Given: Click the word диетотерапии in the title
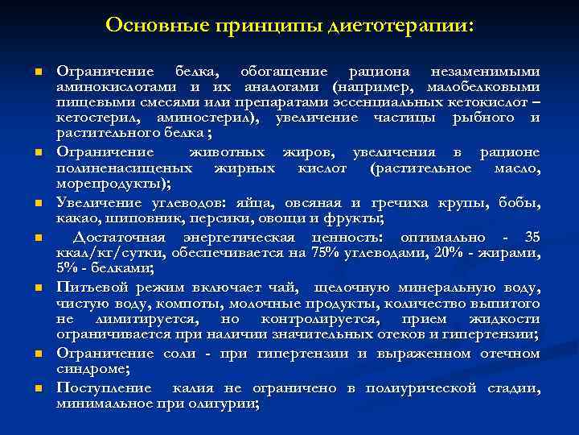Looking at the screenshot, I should point(401,26).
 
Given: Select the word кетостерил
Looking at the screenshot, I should point(92,119).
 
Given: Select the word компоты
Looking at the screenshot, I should point(191,304).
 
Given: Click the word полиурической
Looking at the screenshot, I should point(413,387).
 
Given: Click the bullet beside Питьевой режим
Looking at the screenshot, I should point(37,288).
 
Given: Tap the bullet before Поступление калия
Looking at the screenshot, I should point(37,388).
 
